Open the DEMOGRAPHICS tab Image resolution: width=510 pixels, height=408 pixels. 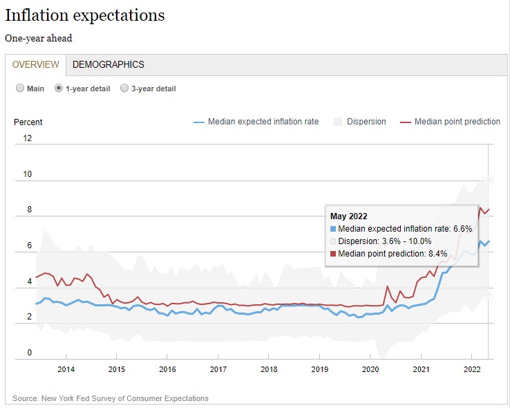tap(108, 64)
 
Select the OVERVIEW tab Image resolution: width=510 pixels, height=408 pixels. tap(36, 64)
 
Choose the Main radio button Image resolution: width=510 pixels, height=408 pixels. tap(21, 89)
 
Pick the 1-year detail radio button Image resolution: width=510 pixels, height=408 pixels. tap(59, 89)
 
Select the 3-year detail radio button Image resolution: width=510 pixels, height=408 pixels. tap(124, 89)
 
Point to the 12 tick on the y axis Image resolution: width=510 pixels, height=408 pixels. tap(27, 138)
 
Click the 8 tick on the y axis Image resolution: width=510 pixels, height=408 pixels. tap(29, 210)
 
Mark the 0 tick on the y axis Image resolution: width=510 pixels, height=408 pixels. tap(29, 353)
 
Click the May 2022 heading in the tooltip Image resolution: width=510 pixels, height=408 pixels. tap(348, 216)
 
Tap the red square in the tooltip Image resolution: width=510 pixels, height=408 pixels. tap(333, 254)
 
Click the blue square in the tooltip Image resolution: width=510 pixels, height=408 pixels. tap(333, 229)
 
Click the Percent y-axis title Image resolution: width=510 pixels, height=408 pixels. tap(28, 122)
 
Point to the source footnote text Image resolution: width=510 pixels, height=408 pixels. tap(111, 398)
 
